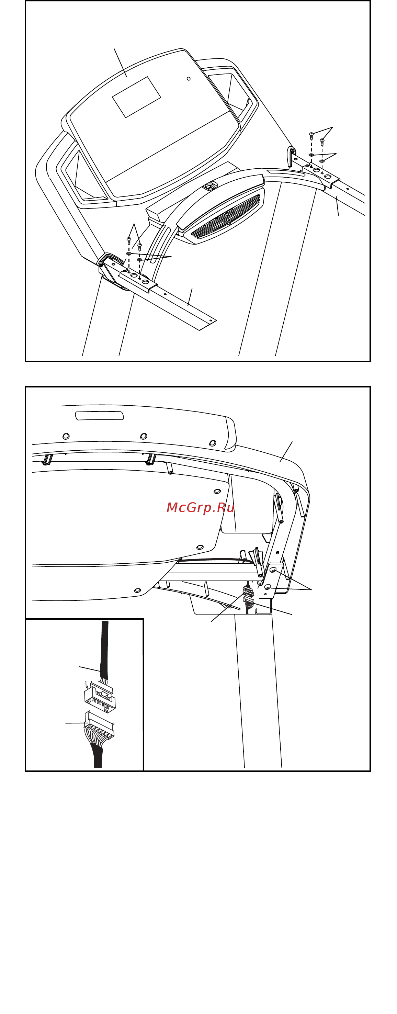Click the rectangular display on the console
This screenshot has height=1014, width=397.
[136, 97]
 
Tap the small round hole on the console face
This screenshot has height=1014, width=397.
[189, 79]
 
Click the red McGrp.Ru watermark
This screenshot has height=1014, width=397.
[200, 507]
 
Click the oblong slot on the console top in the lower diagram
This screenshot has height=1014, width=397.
[99, 416]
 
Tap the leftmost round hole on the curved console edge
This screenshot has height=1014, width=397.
[66, 436]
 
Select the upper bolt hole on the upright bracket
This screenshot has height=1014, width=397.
[273, 570]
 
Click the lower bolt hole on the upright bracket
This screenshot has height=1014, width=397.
[267, 587]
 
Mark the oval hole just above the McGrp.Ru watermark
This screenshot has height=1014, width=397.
[217, 491]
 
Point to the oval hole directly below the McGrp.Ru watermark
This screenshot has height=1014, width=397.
[200, 547]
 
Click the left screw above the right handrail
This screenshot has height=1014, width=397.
[311, 136]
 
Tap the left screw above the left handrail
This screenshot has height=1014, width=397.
[129, 240]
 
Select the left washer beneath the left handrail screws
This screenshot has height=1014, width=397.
[129, 254]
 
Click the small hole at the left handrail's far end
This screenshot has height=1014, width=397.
[211, 321]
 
